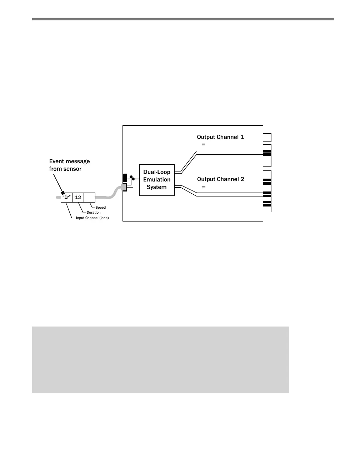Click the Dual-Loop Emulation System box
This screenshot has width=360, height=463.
(x=157, y=180)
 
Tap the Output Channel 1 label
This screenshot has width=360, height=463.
(x=220, y=137)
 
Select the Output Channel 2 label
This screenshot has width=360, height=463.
(x=220, y=179)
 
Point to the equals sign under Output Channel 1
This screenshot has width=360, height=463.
(x=204, y=145)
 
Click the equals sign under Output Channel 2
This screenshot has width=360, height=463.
(x=204, y=187)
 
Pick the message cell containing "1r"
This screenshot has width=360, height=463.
(x=66, y=197)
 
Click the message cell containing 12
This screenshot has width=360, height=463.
(x=78, y=197)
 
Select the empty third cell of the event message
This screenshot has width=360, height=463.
(x=89, y=197)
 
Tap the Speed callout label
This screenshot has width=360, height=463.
(x=101, y=208)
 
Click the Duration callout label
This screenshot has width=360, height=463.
(x=94, y=213)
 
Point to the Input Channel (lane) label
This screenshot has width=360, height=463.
(x=92, y=218)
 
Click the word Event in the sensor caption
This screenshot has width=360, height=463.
(x=57, y=161)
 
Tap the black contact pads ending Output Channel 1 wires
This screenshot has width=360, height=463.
(x=267, y=153)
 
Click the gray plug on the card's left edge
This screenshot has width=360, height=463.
(x=124, y=188)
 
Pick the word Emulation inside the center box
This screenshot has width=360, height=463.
(x=157, y=180)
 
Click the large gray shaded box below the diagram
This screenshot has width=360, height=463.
(x=160, y=359)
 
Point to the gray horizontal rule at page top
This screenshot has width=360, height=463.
(x=183, y=19)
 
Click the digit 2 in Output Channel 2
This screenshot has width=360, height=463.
(x=242, y=179)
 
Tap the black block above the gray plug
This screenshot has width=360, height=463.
(x=125, y=178)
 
